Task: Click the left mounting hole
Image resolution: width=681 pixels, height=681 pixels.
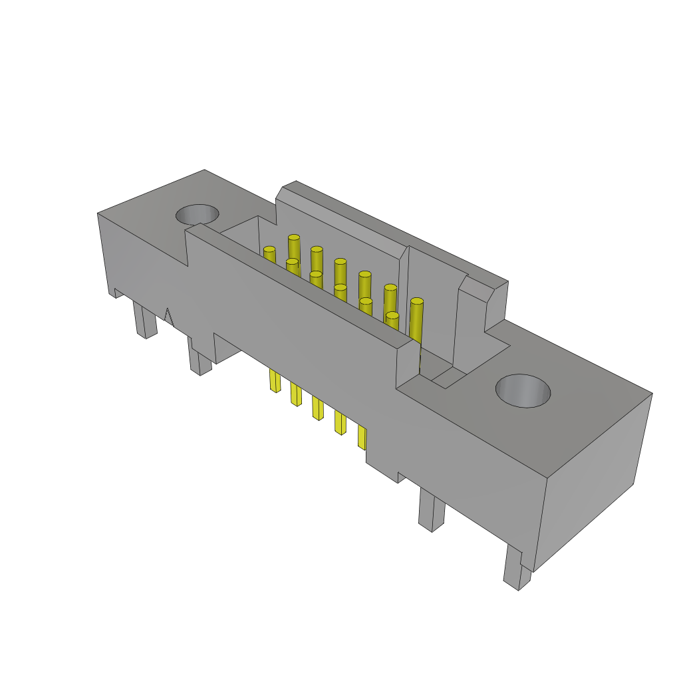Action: click(x=197, y=214)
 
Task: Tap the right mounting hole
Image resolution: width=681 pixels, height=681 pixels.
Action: click(x=523, y=391)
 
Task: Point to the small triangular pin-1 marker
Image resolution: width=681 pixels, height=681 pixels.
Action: click(x=168, y=317)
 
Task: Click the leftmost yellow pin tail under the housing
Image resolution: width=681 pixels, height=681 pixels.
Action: click(x=275, y=380)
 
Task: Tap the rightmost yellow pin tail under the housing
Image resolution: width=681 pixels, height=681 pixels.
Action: click(x=362, y=436)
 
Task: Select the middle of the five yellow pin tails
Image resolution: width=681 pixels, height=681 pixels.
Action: click(x=317, y=408)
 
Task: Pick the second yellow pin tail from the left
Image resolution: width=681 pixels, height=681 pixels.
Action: click(x=296, y=394)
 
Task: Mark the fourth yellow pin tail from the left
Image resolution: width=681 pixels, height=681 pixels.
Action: click(x=340, y=422)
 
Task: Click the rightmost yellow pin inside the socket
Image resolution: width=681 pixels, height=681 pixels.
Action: click(x=416, y=319)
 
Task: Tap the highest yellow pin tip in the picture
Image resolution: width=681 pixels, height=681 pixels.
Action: click(x=294, y=238)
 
